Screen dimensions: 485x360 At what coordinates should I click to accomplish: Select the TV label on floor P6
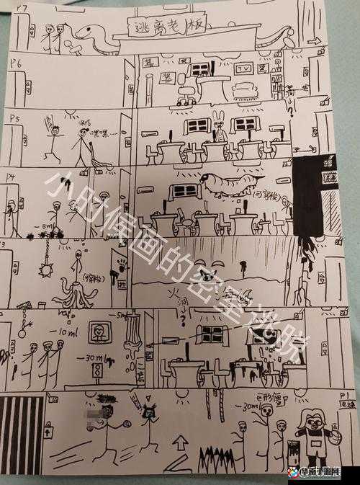(243, 69)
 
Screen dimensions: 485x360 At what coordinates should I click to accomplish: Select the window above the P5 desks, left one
(196, 125)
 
